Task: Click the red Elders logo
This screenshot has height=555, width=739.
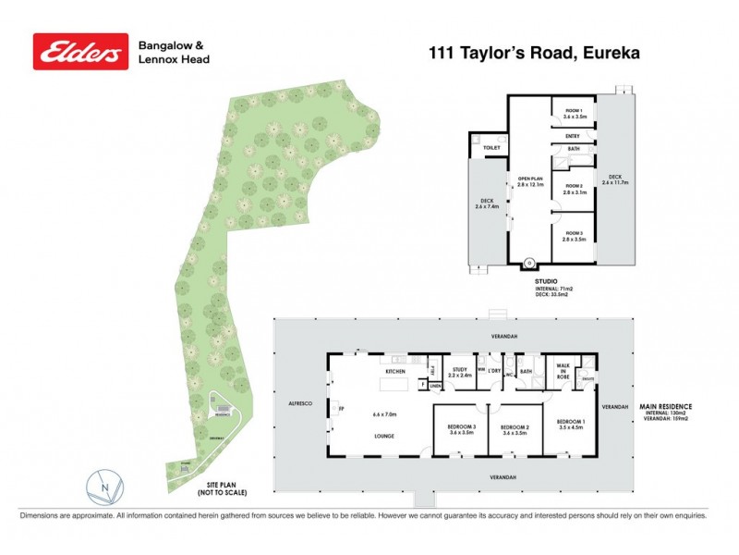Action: (x=80, y=52)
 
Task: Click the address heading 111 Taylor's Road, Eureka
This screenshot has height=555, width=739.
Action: (x=534, y=52)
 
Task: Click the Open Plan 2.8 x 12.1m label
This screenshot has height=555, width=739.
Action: (x=528, y=182)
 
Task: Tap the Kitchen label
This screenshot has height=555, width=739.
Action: (x=396, y=373)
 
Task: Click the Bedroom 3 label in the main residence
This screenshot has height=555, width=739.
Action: (x=461, y=428)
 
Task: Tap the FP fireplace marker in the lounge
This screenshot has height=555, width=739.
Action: (x=341, y=408)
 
